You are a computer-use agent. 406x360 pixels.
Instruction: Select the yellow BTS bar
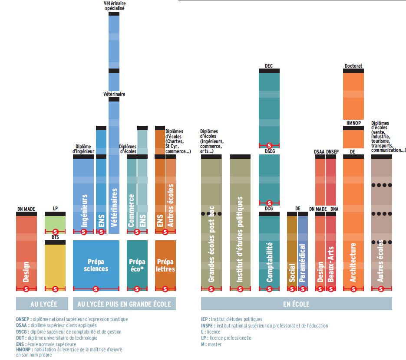(55, 265)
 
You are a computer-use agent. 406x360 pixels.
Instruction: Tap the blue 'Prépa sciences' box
(96, 265)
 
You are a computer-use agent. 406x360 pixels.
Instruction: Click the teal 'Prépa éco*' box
(137, 265)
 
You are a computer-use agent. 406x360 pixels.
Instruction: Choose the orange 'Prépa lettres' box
(165, 265)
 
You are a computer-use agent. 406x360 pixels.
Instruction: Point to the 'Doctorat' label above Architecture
(353, 66)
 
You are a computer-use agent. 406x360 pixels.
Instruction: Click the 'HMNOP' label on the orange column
(353, 123)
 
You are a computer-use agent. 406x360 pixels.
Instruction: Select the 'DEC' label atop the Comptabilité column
(269, 66)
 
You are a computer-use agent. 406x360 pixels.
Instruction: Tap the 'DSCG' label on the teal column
(269, 151)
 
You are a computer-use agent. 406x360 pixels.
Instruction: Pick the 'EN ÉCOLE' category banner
(296, 304)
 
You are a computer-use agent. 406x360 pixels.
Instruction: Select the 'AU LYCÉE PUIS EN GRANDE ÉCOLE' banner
(124, 304)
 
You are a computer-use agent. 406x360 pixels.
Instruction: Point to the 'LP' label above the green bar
(55, 209)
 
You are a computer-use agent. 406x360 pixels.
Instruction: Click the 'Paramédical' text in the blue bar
(303, 262)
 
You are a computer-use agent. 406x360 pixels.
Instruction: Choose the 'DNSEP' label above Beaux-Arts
(332, 151)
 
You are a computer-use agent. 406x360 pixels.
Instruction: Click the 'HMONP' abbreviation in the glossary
(23, 350)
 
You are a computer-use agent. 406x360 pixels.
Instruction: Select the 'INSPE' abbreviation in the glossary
(208, 325)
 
